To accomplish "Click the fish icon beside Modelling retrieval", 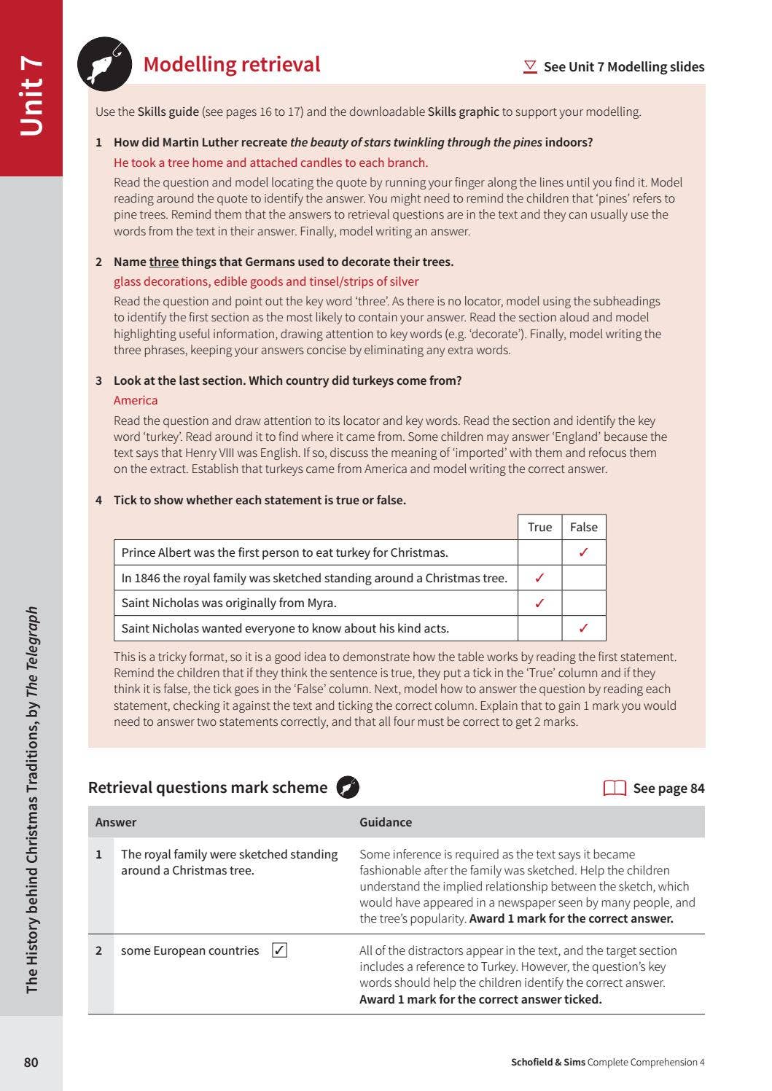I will (104, 64).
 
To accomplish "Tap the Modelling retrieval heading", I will (231, 64).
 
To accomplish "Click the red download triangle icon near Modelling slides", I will (530, 66).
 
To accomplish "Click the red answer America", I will (136, 400).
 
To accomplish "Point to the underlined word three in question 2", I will (163, 262).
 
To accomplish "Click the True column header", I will (539, 527).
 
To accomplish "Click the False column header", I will (583, 527).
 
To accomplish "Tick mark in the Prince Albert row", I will (583, 552).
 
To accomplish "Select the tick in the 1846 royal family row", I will (539, 578).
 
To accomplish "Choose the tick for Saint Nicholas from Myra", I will (539, 603).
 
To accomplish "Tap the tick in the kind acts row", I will (583, 628).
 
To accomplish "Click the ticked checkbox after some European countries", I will (279, 950).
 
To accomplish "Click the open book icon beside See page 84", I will (615, 788).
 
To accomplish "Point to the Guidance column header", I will (386, 822).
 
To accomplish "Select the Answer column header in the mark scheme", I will (116, 822).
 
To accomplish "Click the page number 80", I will (31, 1062).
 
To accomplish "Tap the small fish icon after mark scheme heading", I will (348, 787).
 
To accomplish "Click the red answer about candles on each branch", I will (270, 163).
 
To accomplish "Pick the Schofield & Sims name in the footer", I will (547, 1062).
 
